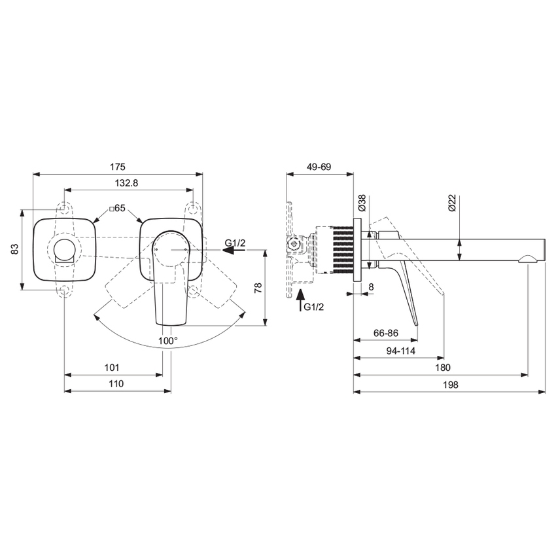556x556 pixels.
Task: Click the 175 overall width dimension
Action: coord(118,167)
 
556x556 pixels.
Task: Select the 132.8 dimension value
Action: coord(126,184)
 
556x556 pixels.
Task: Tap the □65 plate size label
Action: coord(117,208)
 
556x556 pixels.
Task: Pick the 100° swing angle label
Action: coord(167,341)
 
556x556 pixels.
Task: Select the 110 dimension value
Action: coord(116,385)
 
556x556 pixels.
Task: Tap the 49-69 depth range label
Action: coord(319,167)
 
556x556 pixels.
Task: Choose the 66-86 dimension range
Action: coord(387,332)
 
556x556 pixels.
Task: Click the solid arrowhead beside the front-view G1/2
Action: coord(217,250)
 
